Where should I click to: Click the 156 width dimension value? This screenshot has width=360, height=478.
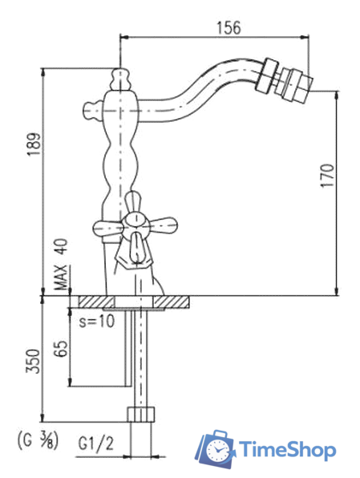[x=229, y=28]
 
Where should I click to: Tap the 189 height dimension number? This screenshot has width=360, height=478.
[x=34, y=144]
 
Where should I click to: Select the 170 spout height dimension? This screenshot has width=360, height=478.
[x=327, y=176]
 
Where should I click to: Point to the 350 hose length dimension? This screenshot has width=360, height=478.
[x=33, y=362]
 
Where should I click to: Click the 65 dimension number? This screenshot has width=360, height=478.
[x=60, y=349]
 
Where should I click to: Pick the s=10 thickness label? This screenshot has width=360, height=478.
[x=97, y=321]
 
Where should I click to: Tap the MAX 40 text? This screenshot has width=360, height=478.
[x=61, y=265]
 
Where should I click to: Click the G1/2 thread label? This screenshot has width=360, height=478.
[x=95, y=444]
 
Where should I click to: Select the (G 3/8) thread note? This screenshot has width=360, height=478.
[x=38, y=440]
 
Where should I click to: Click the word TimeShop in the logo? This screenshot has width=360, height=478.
[x=287, y=450]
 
